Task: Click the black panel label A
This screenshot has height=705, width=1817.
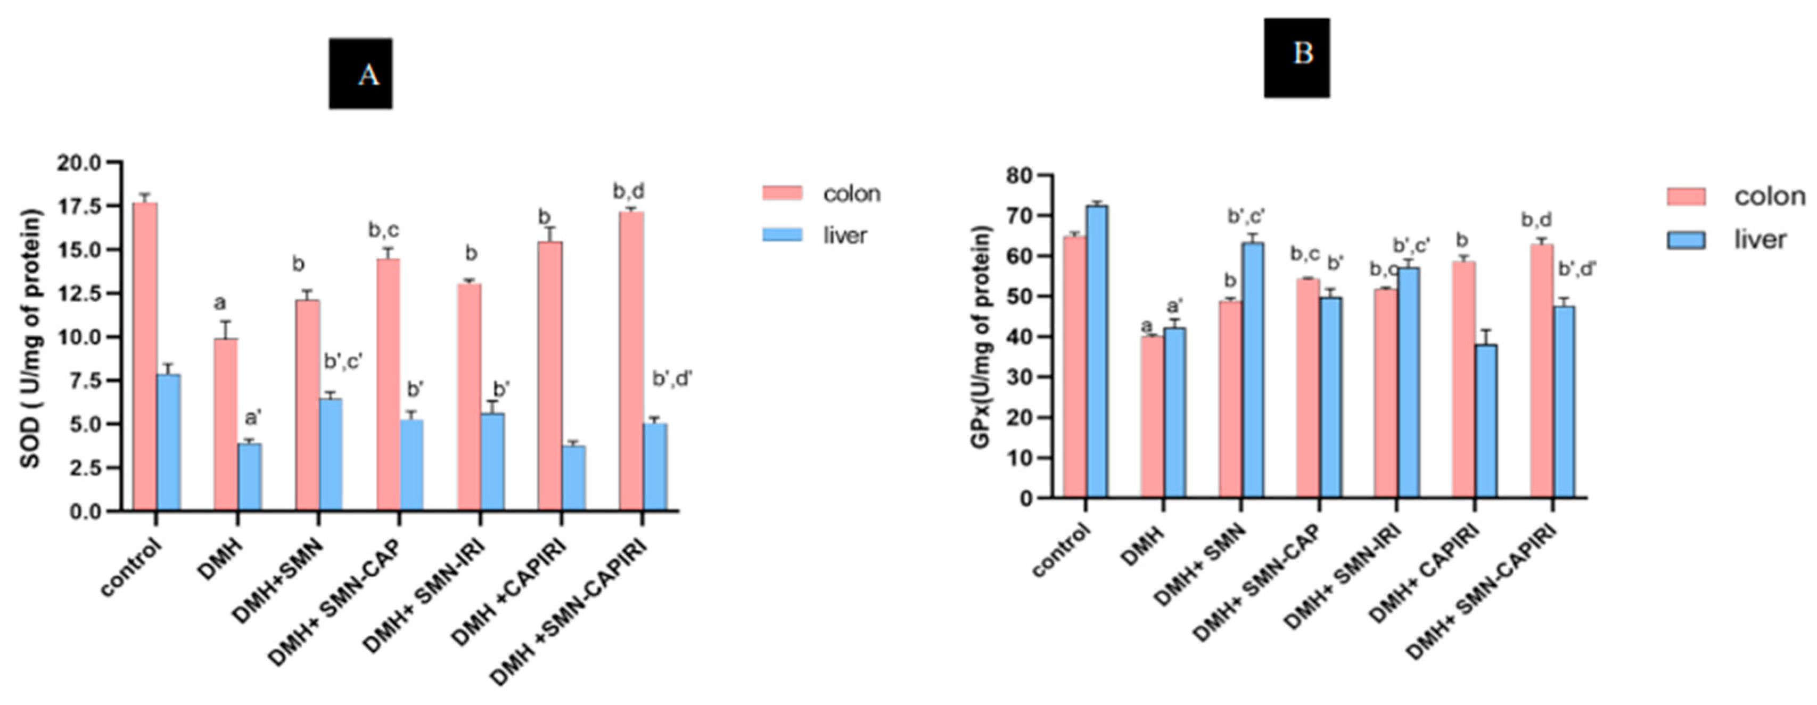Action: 360,74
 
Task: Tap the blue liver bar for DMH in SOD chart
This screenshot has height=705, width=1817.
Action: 249,476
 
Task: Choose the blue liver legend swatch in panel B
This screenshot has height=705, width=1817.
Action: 1686,240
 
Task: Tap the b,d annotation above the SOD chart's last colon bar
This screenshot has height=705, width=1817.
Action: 629,191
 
